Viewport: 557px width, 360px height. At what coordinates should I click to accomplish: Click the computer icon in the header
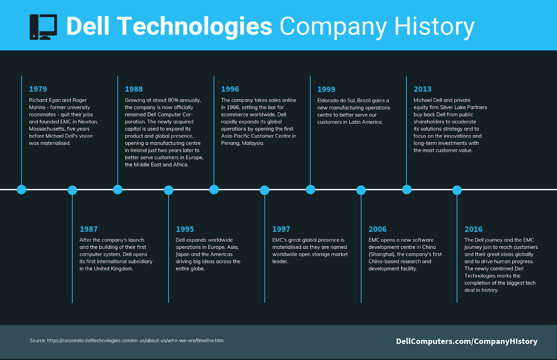(x=43, y=27)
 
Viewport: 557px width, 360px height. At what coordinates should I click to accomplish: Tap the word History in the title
(x=434, y=26)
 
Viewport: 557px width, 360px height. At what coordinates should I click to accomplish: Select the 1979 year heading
(x=38, y=89)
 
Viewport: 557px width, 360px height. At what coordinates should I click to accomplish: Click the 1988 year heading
(x=134, y=89)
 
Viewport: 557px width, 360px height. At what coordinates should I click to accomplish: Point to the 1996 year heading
(x=230, y=89)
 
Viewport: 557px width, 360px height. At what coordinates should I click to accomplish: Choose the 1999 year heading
(x=326, y=89)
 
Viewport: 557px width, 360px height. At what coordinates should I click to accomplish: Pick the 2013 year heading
(x=423, y=89)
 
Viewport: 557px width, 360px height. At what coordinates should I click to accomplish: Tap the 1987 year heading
(x=88, y=229)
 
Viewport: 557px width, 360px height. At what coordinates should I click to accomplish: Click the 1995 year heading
(x=185, y=229)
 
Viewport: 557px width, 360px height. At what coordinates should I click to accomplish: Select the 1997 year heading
(x=281, y=229)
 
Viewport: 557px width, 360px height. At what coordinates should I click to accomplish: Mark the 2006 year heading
(x=377, y=229)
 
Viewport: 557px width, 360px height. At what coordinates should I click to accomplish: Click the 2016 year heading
(x=473, y=229)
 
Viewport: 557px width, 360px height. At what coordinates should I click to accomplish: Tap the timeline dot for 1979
(x=22, y=190)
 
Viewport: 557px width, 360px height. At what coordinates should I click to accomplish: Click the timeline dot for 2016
(x=457, y=190)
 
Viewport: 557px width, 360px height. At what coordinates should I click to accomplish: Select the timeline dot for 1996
(x=214, y=190)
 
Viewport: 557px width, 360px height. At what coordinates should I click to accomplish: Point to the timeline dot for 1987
(x=72, y=190)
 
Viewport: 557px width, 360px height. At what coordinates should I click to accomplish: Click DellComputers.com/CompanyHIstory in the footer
(x=467, y=341)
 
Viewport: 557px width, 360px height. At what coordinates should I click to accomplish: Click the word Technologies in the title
(x=195, y=26)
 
